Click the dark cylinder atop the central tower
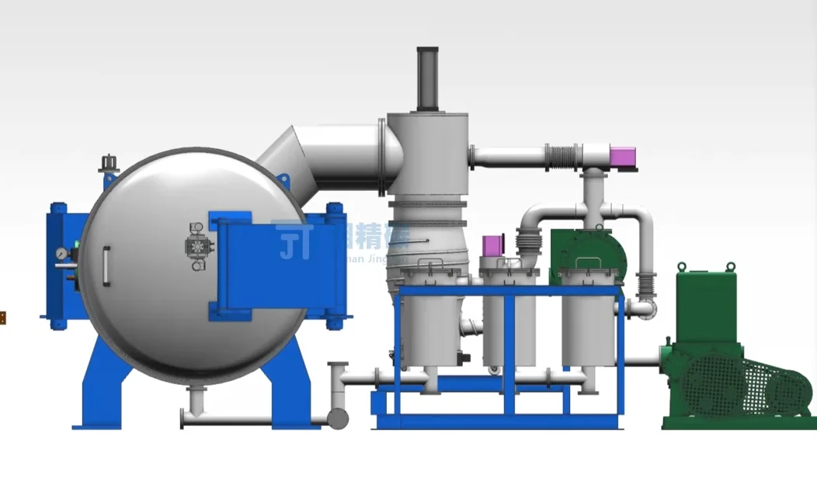point(428,78)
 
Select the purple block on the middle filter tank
point(492,245)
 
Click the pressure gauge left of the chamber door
point(60,253)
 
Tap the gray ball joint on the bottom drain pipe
point(338,418)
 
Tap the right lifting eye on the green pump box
point(730,267)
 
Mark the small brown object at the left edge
point(2,317)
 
